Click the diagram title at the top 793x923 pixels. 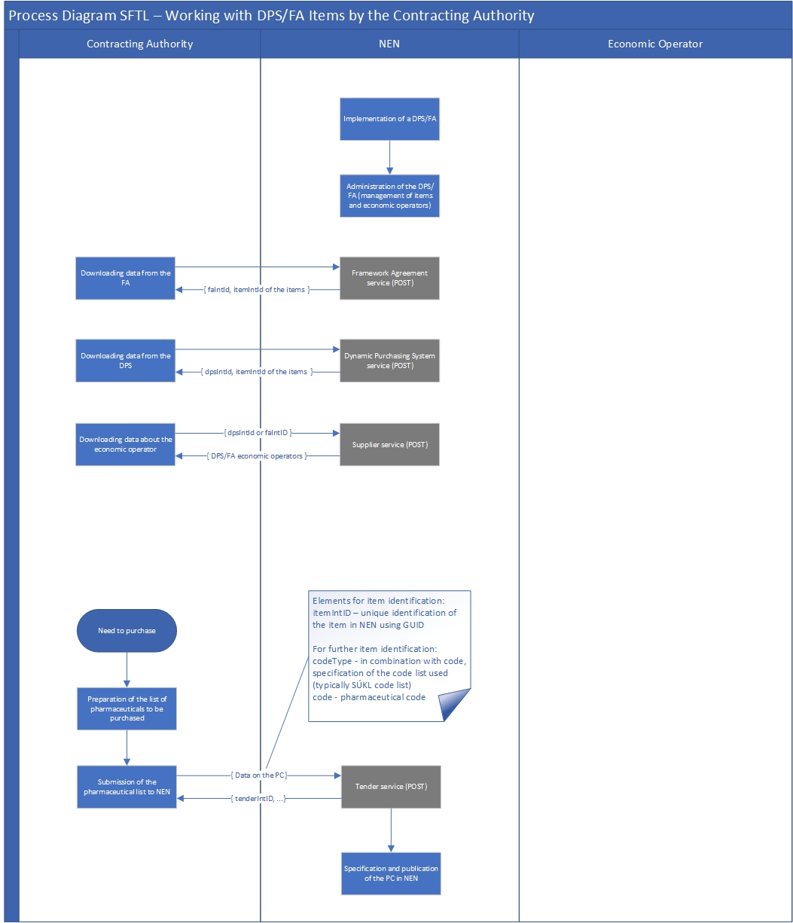pos(271,16)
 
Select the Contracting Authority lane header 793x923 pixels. pos(140,44)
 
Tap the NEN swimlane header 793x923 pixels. pos(389,44)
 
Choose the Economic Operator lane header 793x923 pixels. pos(655,44)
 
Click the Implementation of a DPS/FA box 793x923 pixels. pos(389,119)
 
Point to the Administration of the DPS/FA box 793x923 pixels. pos(389,196)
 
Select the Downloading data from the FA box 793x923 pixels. pos(126,278)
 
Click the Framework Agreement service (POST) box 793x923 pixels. pos(389,278)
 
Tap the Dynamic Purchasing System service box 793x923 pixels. pos(389,361)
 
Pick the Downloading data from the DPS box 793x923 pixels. pos(126,361)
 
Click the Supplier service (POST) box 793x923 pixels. pos(389,444)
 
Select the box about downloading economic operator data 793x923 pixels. pos(126,444)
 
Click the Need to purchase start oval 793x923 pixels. pos(127,630)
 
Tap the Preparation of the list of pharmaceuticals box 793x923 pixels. pos(127,708)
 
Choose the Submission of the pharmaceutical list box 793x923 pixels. pos(127,787)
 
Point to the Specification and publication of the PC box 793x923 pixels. pos(391,873)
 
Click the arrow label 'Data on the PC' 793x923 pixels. pos(258,775)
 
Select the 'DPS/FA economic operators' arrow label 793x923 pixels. pos(256,456)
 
